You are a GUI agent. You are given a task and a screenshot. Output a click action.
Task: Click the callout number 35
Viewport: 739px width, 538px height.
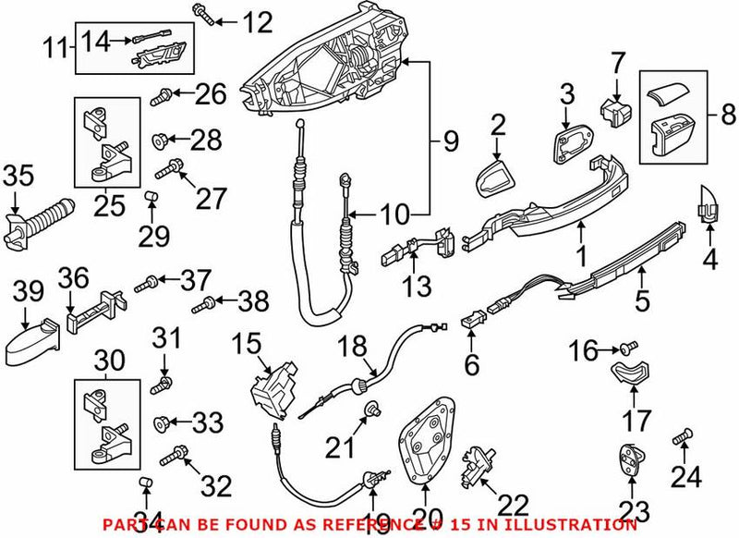18,174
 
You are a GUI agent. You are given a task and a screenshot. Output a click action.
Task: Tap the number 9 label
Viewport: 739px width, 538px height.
449,142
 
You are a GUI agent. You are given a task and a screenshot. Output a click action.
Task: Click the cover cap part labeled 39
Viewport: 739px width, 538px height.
31,340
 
